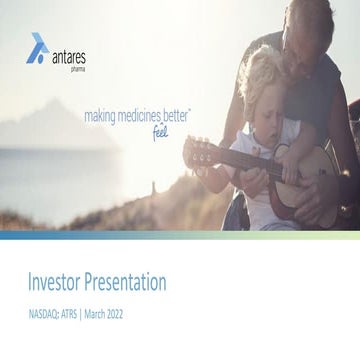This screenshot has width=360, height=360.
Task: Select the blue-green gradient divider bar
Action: click(x=180, y=235)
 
